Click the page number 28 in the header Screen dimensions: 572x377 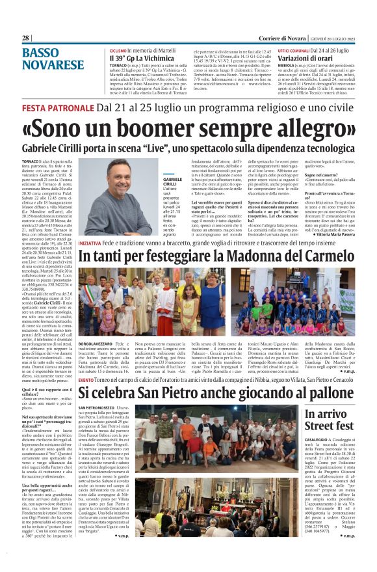point(26,38)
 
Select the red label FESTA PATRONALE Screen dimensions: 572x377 point(54,105)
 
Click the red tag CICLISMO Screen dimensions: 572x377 point(118,50)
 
